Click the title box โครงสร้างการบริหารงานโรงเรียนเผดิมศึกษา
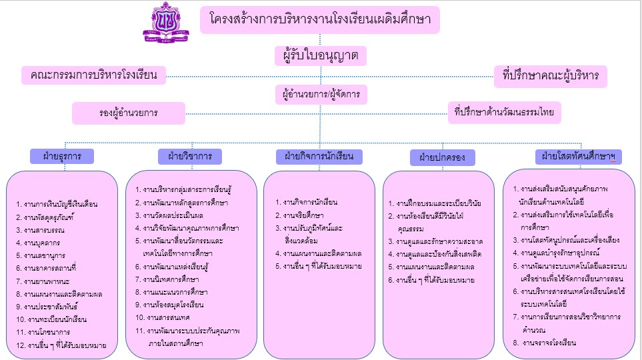[x=320, y=20]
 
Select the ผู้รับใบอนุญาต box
[x=321, y=56]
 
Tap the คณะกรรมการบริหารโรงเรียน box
[x=93, y=75]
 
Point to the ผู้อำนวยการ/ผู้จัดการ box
[x=321, y=95]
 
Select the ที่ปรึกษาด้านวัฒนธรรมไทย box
[x=504, y=113]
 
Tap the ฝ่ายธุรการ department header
[x=62, y=156]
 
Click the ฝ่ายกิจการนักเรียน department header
[x=319, y=157]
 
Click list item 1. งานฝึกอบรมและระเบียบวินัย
[x=434, y=203]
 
